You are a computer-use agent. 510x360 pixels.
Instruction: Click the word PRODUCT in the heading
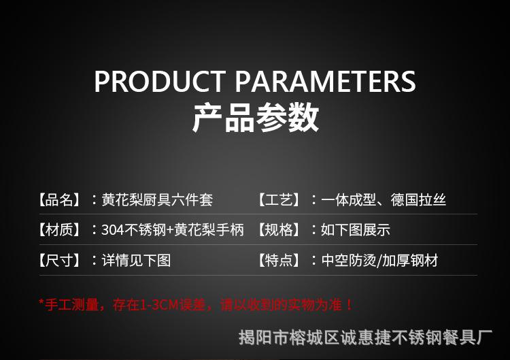pyautogui.click(x=160, y=81)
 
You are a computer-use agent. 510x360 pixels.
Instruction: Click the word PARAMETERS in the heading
pyautogui.click(x=325, y=81)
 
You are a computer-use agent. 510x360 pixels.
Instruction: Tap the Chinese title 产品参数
pyautogui.click(x=255, y=118)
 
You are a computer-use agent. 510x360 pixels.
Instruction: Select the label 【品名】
pyautogui.click(x=59, y=199)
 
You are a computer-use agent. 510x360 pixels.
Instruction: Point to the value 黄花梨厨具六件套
pyautogui.click(x=158, y=199)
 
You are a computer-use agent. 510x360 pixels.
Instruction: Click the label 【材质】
pyautogui.click(x=59, y=230)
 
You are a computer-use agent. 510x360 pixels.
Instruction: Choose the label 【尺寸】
pyautogui.click(x=59, y=261)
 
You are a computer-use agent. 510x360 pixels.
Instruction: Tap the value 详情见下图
pyautogui.click(x=136, y=261)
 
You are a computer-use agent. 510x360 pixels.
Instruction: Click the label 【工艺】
pyautogui.click(x=279, y=199)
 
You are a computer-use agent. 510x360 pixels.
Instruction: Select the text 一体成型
pyautogui.click(x=349, y=199)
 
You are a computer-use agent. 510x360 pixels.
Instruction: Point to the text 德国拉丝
pyautogui.click(x=418, y=199)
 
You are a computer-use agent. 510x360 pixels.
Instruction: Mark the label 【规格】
pyautogui.click(x=279, y=230)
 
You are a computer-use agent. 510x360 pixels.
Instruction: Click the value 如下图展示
pyautogui.click(x=356, y=230)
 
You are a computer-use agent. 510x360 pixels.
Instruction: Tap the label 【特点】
pyautogui.click(x=279, y=261)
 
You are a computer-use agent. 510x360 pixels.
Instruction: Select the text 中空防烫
pyautogui.click(x=349, y=261)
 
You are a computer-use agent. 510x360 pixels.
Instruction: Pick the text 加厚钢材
pyautogui.click(x=410, y=261)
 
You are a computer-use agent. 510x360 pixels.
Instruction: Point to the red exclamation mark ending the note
pyautogui.click(x=350, y=305)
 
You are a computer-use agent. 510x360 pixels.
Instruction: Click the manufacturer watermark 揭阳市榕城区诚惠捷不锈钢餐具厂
pyautogui.click(x=365, y=338)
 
